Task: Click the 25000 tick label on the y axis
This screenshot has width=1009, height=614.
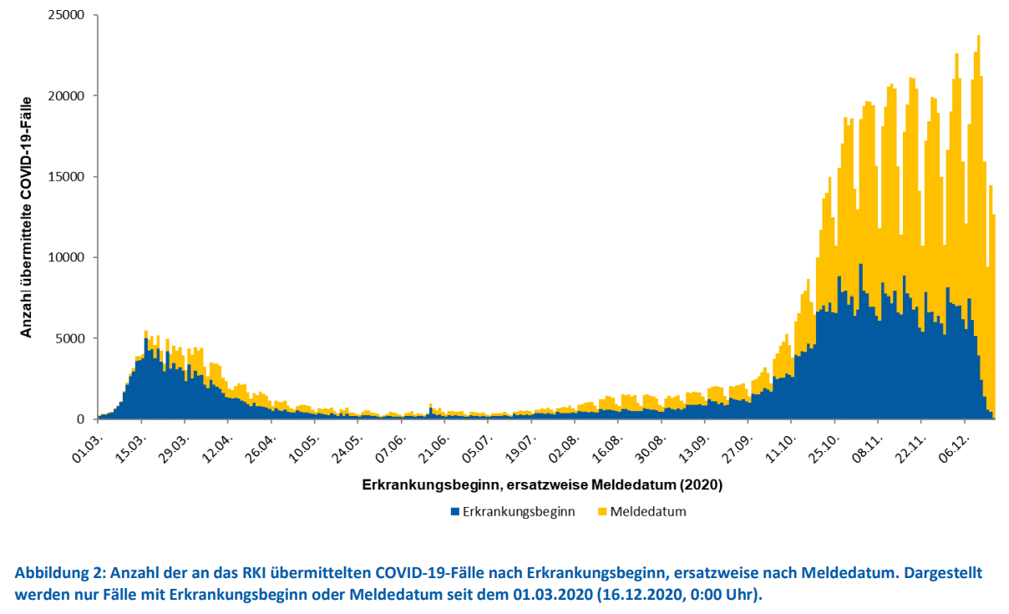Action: (66, 15)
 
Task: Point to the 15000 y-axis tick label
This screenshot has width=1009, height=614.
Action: (66, 176)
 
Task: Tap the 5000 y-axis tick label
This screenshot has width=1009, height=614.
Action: (69, 338)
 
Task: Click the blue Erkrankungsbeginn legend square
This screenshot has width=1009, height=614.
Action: (455, 512)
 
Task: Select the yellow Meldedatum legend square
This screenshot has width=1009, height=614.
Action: (602, 512)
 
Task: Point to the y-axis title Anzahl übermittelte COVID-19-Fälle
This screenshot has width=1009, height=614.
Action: (26, 217)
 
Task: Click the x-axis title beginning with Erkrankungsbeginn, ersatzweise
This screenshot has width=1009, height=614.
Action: (542, 485)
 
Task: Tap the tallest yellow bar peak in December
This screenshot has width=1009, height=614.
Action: (978, 36)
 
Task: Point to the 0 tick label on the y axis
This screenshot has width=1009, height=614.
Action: (81, 419)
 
